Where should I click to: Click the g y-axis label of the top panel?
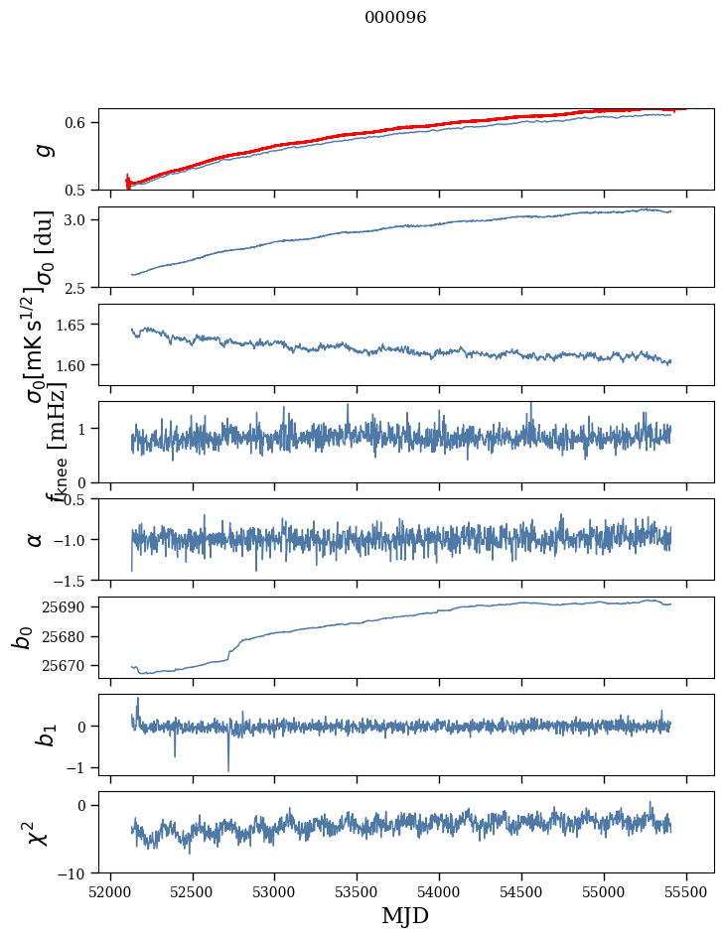pyautogui.click(x=42, y=149)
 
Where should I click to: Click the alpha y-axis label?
pyautogui.click(x=35, y=539)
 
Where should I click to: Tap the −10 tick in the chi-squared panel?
pyautogui.click(x=76, y=873)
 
